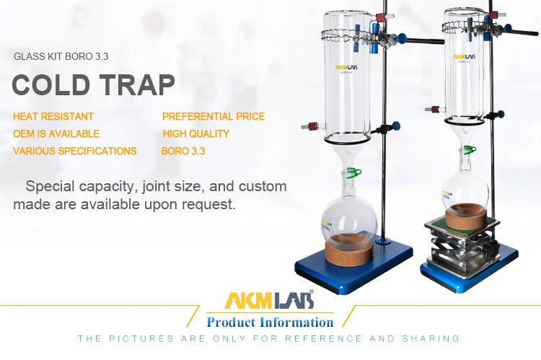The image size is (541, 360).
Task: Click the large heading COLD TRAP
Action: coord(94,85)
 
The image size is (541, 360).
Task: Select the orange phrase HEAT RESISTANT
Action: coord(53,116)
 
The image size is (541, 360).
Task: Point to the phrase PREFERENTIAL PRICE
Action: coord(214,116)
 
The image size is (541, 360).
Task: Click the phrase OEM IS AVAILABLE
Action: coord(56,133)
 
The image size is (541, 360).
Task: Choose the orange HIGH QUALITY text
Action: coord(196,133)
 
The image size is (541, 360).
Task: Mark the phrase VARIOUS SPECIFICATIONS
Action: coord(75,152)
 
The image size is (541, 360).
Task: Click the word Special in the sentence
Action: coord(52,187)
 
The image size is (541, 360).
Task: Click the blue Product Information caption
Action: coord(270,322)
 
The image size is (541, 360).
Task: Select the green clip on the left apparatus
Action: coord(353,172)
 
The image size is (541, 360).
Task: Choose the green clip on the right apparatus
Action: coord(470,150)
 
